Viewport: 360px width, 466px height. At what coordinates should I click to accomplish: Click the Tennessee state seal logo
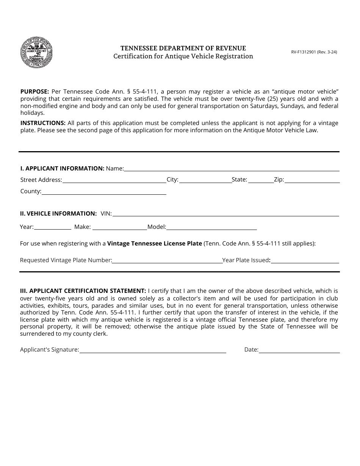pos(36,53)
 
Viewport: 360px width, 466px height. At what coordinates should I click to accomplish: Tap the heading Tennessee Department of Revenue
pos(183,48)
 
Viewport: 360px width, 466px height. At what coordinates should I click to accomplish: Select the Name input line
pos(232,169)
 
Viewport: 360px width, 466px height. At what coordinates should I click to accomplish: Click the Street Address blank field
pos(114,180)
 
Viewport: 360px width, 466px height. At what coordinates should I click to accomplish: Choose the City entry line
pos(205,180)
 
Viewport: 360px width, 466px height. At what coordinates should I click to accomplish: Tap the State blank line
pos(261,180)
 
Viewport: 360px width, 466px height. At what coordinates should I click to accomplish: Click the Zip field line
pos(311,180)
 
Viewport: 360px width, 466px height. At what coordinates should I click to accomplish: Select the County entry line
pos(104,192)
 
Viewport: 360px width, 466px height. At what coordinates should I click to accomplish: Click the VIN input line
pos(226,214)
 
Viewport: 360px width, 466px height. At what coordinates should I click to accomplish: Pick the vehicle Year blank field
pos(53,227)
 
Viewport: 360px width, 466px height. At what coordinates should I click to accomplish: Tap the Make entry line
pos(119,227)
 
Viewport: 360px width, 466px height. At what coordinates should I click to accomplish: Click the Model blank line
pos(211,227)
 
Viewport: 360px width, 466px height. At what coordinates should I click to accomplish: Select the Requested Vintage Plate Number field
pos(167,260)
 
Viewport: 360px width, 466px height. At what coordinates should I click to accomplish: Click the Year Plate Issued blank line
pos(305,260)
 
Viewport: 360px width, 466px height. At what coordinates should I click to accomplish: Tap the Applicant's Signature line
pos(153,350)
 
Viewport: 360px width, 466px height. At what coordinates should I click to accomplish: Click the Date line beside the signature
pos(299,350)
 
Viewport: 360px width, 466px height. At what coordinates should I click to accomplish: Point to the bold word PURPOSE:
pos(34,91)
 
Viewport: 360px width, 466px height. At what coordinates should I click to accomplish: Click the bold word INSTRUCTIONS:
pos(43,123)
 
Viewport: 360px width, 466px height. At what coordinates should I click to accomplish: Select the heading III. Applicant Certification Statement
pos(83,291)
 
